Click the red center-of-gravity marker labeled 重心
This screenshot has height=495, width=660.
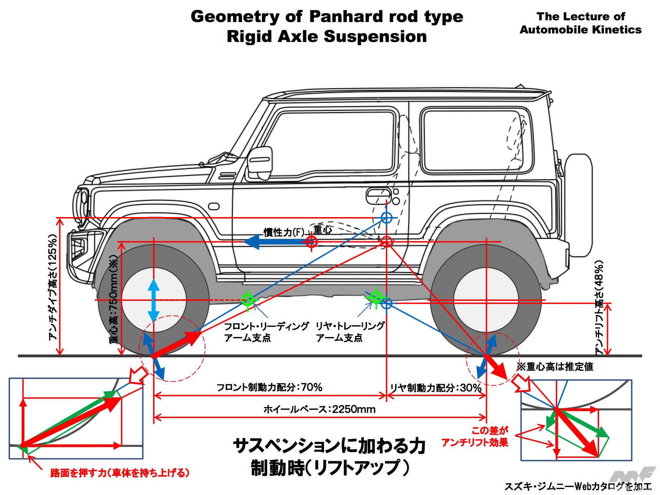click(311, 242)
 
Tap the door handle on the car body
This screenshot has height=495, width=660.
click(377, 194)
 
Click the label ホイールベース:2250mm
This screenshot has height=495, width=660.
click(319, 409)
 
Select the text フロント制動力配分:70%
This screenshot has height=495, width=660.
click(269, 387)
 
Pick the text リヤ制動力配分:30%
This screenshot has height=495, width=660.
click(435, 388)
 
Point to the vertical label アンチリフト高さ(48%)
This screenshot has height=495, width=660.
click(599, 308)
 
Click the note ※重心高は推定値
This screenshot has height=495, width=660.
click(555, 367)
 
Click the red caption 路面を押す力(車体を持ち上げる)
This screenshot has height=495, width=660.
click(120, 473)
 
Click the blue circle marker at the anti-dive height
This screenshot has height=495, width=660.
click(386, 217)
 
